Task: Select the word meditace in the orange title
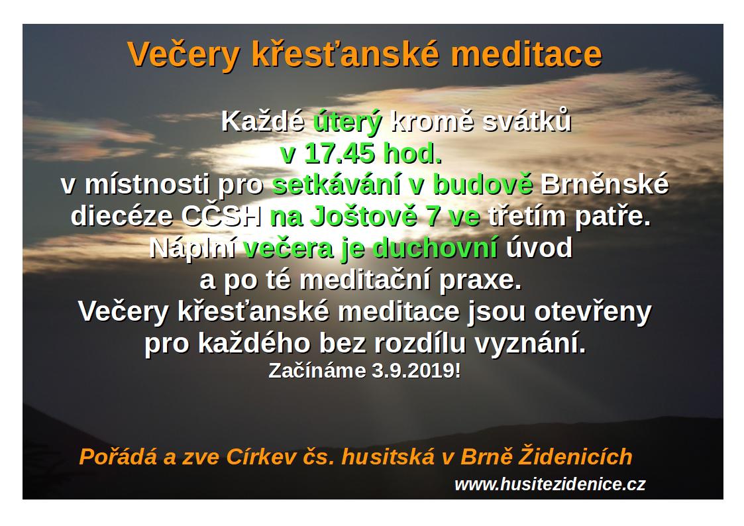(x=526, y=54)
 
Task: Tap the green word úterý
(x=347, y=123)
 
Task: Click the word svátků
(x=527, y=121)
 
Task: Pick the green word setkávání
(x=336, y=184)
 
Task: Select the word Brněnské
(x=604, y=184)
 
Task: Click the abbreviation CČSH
(x=221, y=216)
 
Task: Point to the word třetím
(x=527, y=216)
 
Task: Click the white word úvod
(x=539, y=248)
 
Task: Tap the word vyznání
(x=530, y=344)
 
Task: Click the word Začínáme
(x=317, y=370)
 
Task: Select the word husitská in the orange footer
(x=388, y=456)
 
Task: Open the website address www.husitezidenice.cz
(x=550, y=484)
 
